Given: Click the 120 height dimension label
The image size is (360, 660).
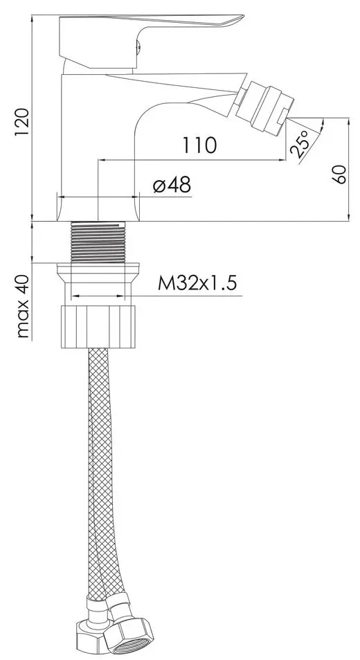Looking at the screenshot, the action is pos(22,122).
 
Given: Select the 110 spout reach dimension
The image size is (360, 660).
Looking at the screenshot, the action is pos(199,145).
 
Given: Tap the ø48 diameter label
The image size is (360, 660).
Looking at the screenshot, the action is pos(172,185).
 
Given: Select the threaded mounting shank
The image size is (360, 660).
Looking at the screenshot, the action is pos(99,242).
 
